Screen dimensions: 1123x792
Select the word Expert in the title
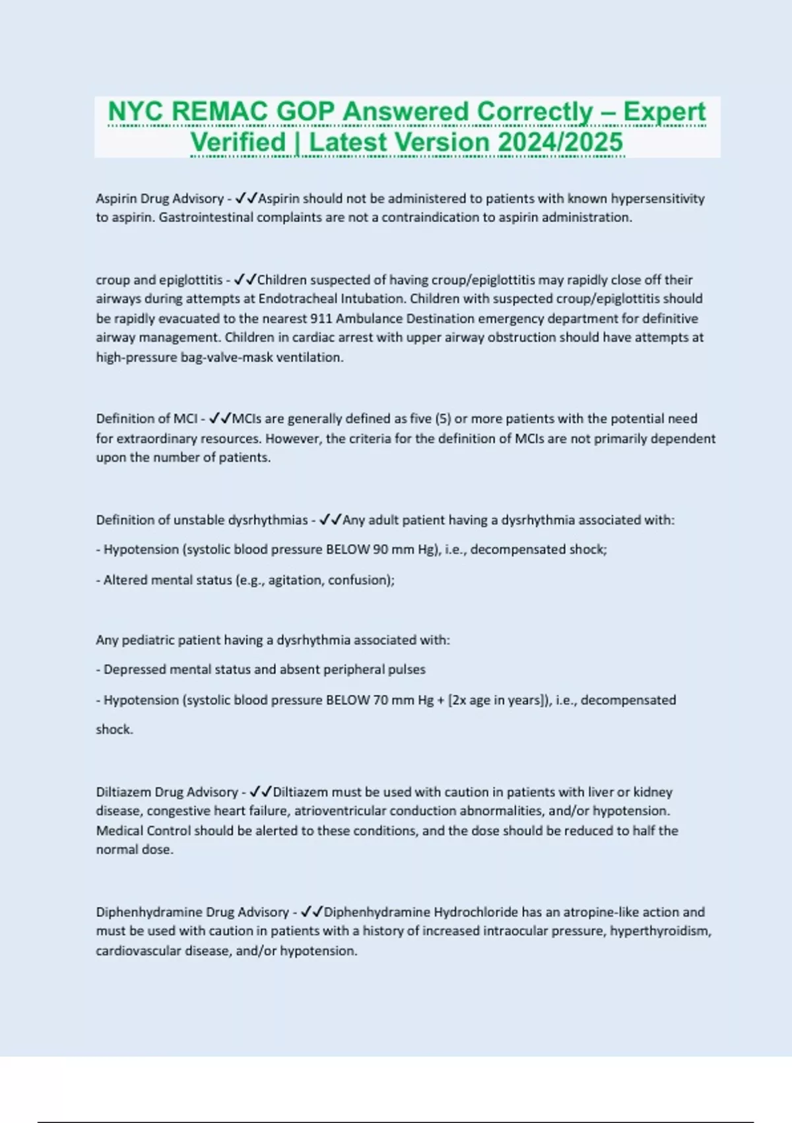tap(664, 112)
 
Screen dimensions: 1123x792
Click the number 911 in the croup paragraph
tap(321, 318)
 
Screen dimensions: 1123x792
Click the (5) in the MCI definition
tap(442, 419)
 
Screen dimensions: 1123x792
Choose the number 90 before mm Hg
tap(379, 550)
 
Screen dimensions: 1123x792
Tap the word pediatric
tap(149, 640)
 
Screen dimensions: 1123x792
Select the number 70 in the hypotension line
tap(381, 700)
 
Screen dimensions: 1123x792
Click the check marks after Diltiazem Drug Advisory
tap(261, 792)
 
